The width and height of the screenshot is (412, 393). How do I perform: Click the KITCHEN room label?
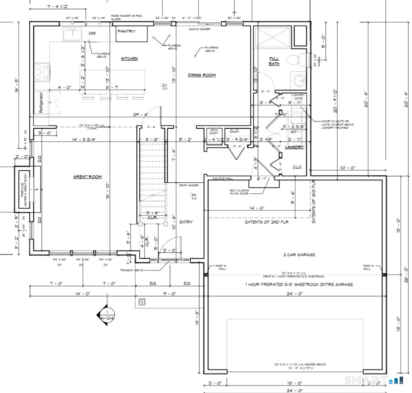pyautogui.click(x=130, y=59)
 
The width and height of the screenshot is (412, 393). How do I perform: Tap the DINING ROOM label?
pyautogui.click(x=202, y=75)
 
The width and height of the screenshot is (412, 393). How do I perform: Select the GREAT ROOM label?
pyautogui.click(x=87, y=177)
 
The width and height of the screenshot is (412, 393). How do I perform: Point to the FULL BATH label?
pyautogui.click(x=274, y=61)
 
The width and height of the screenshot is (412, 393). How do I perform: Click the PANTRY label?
pyautogui.click(x=127, y=31)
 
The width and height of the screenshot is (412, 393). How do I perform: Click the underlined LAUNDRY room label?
pyautogui.click(x=294, y=147)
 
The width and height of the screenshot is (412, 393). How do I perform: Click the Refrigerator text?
pyautogui.click(x=42, y=102)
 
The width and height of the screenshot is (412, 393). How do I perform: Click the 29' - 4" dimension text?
pyautogui.click(x=140, y=115)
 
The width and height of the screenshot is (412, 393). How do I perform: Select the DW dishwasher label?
pyautogui.click(x=92, y=33)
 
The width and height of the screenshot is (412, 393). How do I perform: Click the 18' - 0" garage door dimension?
pyautogui.click(x=294, y=383)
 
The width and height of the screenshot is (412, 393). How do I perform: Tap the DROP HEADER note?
pyautogui.click(x=189, y=185)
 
